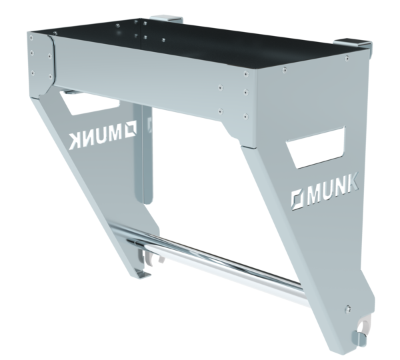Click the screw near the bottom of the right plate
pyautogui.click(x=348, y=309)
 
